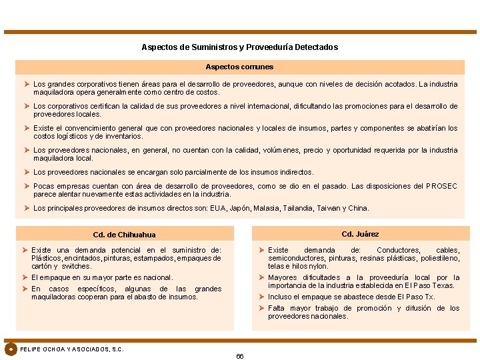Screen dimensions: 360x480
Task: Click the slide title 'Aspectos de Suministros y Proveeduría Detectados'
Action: [x=239, y=47]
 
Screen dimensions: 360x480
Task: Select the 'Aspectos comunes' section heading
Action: [x=239, y=67]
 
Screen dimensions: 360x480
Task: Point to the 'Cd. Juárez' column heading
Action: [x=360, y=234]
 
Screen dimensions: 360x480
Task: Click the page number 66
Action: [x=240, y=356]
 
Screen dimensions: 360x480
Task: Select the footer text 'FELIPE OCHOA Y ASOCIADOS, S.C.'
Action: [x=72, y=349]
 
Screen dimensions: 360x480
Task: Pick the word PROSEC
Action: [x=441, y=186]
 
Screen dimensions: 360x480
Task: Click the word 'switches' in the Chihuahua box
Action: [x=77, y=266]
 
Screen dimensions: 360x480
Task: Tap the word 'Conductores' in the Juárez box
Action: [x=398, y=251]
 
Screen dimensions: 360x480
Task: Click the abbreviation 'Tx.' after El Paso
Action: [x=429, y=297]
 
